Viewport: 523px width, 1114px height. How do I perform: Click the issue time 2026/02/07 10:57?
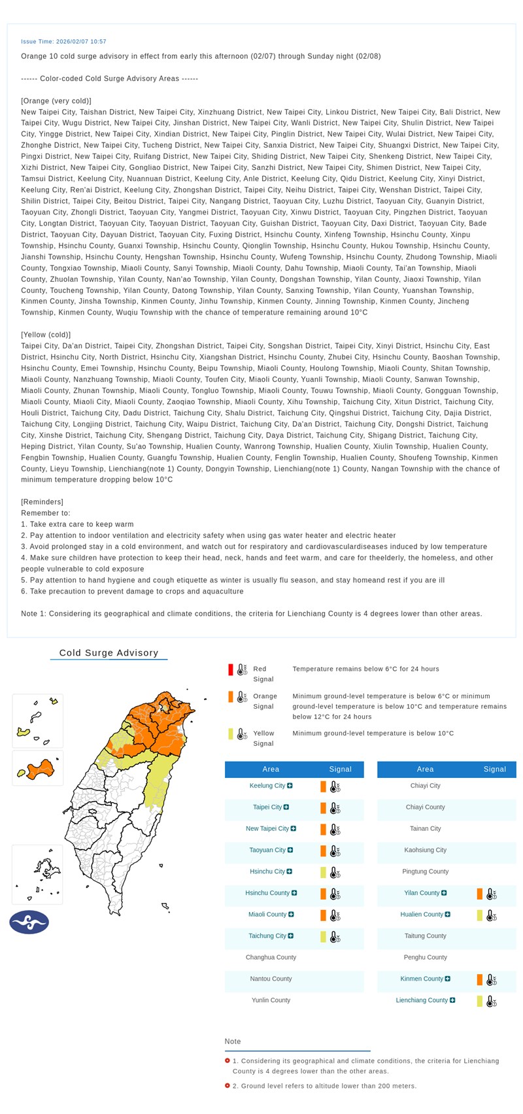click(x=63, y=42)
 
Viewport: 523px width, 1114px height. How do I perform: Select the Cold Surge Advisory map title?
click(x=109, y=652)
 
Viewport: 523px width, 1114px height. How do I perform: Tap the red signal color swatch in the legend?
click(x=231, y=669)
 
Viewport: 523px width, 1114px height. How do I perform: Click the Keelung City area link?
click(x=267, y=786)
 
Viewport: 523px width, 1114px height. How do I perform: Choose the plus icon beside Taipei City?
click(x=286, y=807)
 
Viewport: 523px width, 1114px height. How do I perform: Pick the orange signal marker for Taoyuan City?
click(x=323, y=851)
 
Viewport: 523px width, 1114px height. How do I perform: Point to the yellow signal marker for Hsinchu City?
click(x=323, y=872)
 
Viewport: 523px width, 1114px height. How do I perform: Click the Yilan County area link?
click(x=421, y=893)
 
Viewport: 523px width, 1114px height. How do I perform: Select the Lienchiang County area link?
click(x=422, y=1000)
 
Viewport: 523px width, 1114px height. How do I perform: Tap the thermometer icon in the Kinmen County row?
click(x=491, y=979)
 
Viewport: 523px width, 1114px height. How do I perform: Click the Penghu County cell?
click(x=425, y=957)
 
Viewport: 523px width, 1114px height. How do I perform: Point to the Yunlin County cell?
click(x=271, y=1000)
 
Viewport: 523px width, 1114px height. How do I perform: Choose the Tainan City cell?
click(x=425, y=829)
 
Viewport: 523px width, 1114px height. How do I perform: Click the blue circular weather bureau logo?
click(x=29, y=922)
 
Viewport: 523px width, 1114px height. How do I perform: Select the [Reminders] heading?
click(x=42, y=502)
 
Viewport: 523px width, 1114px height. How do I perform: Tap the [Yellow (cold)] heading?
click(x=46, y=335)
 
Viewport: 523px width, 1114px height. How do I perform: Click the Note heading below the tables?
click(x=233, y=1041)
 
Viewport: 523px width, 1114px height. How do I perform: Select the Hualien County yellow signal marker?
click(x=480, y=915)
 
